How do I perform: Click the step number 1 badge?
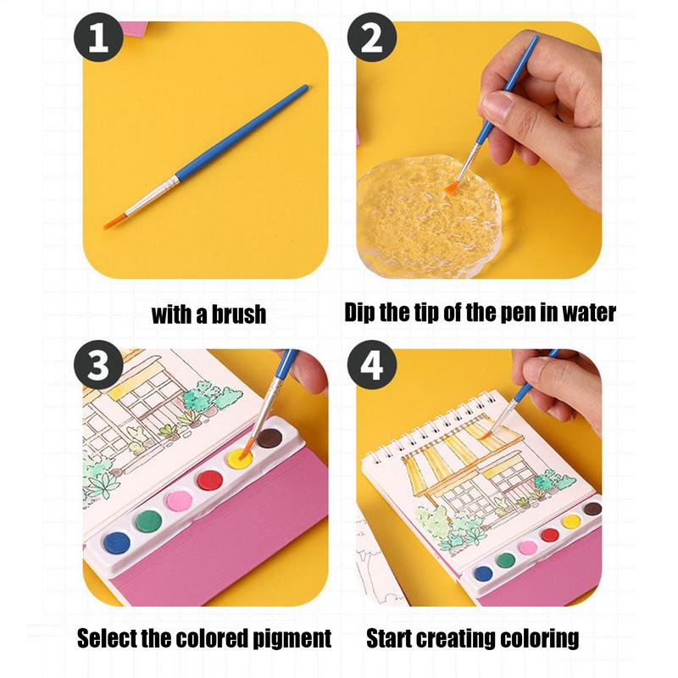pos(98,37)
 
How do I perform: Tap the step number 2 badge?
pos(372,37)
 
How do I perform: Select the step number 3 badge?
pos(98,364)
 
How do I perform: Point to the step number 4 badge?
pos(372,364)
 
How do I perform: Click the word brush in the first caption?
pos(239,314)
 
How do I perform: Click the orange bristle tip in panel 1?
pos(114,222)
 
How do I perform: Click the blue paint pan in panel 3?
pos(117,542)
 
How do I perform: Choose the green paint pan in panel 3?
pos(148,521)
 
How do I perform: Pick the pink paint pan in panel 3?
pos(180,501)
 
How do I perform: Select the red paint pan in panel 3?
pos(209,480)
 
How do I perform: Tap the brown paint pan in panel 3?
pos(270,437)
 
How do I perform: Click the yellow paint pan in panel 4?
pos(571,521)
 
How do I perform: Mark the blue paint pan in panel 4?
pos(483,574)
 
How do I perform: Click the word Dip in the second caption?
pos(359,312)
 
